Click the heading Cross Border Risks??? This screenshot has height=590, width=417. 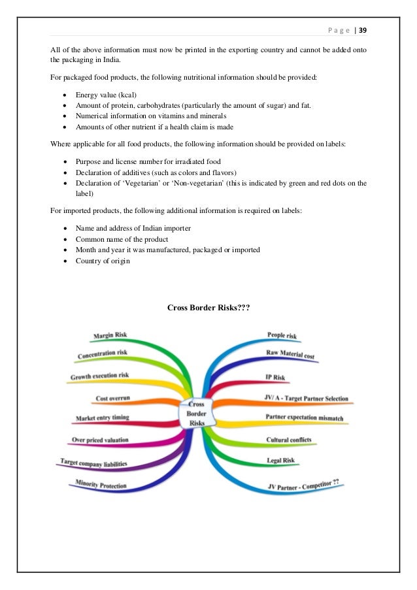(x=209, y=306)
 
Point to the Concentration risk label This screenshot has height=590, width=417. (x=103, y=354)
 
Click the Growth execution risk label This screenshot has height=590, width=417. (x=99, y=376)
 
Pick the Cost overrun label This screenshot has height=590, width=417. (x=113, y=397)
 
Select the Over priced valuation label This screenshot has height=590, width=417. (x=99, y=440)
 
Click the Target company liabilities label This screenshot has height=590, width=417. (x=93, y=463)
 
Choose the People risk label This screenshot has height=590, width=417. (x=282, y=335)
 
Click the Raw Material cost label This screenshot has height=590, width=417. (x=290, y=355)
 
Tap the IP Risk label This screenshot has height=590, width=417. (x=275, y=377)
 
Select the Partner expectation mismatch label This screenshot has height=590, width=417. (x=304, y=417)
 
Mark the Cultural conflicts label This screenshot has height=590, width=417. (x=288, y=440)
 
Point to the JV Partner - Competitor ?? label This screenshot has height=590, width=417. (x=307, y=485)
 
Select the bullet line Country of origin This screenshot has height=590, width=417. (x=103, y=261)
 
